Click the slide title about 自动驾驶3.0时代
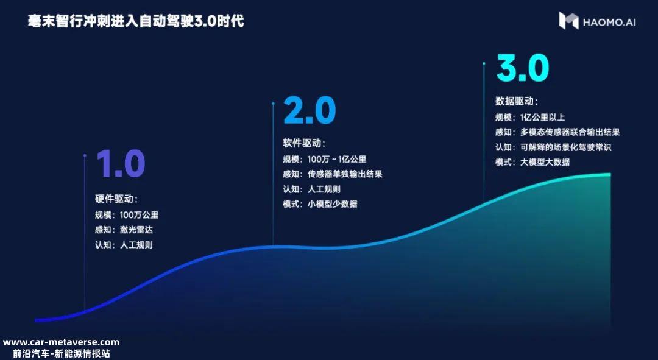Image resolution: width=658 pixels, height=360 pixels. coord(135,21)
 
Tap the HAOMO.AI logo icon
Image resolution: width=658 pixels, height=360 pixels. coord(568,21)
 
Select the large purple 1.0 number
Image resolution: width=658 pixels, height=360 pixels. coord(121,164)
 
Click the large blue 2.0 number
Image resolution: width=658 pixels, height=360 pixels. coord(310,110)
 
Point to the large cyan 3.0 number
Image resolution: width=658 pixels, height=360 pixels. coord(523,68)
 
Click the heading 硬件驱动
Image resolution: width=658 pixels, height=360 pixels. coord(116,199)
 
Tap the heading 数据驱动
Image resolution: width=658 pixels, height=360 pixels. coord(516,101)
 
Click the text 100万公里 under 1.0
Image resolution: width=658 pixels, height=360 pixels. coord(139,215)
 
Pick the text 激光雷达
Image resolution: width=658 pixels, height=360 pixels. coord(136,230)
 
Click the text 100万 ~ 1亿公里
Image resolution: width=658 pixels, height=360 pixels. coord(337,160)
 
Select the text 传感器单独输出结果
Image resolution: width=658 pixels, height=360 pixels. coord(345,174)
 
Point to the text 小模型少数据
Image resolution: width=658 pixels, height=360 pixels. coord(333,204)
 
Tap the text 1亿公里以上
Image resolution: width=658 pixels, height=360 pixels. coord(543,118)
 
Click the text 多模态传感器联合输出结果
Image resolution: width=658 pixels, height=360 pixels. coord(570,132)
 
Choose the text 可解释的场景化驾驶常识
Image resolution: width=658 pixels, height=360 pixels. coord(565,147)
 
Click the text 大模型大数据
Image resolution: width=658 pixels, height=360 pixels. coord(545,162)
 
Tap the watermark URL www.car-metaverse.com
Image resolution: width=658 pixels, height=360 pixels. coord(61,342)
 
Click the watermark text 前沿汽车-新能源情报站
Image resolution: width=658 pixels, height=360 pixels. coord(62,353)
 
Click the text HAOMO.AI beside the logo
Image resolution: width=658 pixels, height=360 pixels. coord(609,23)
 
